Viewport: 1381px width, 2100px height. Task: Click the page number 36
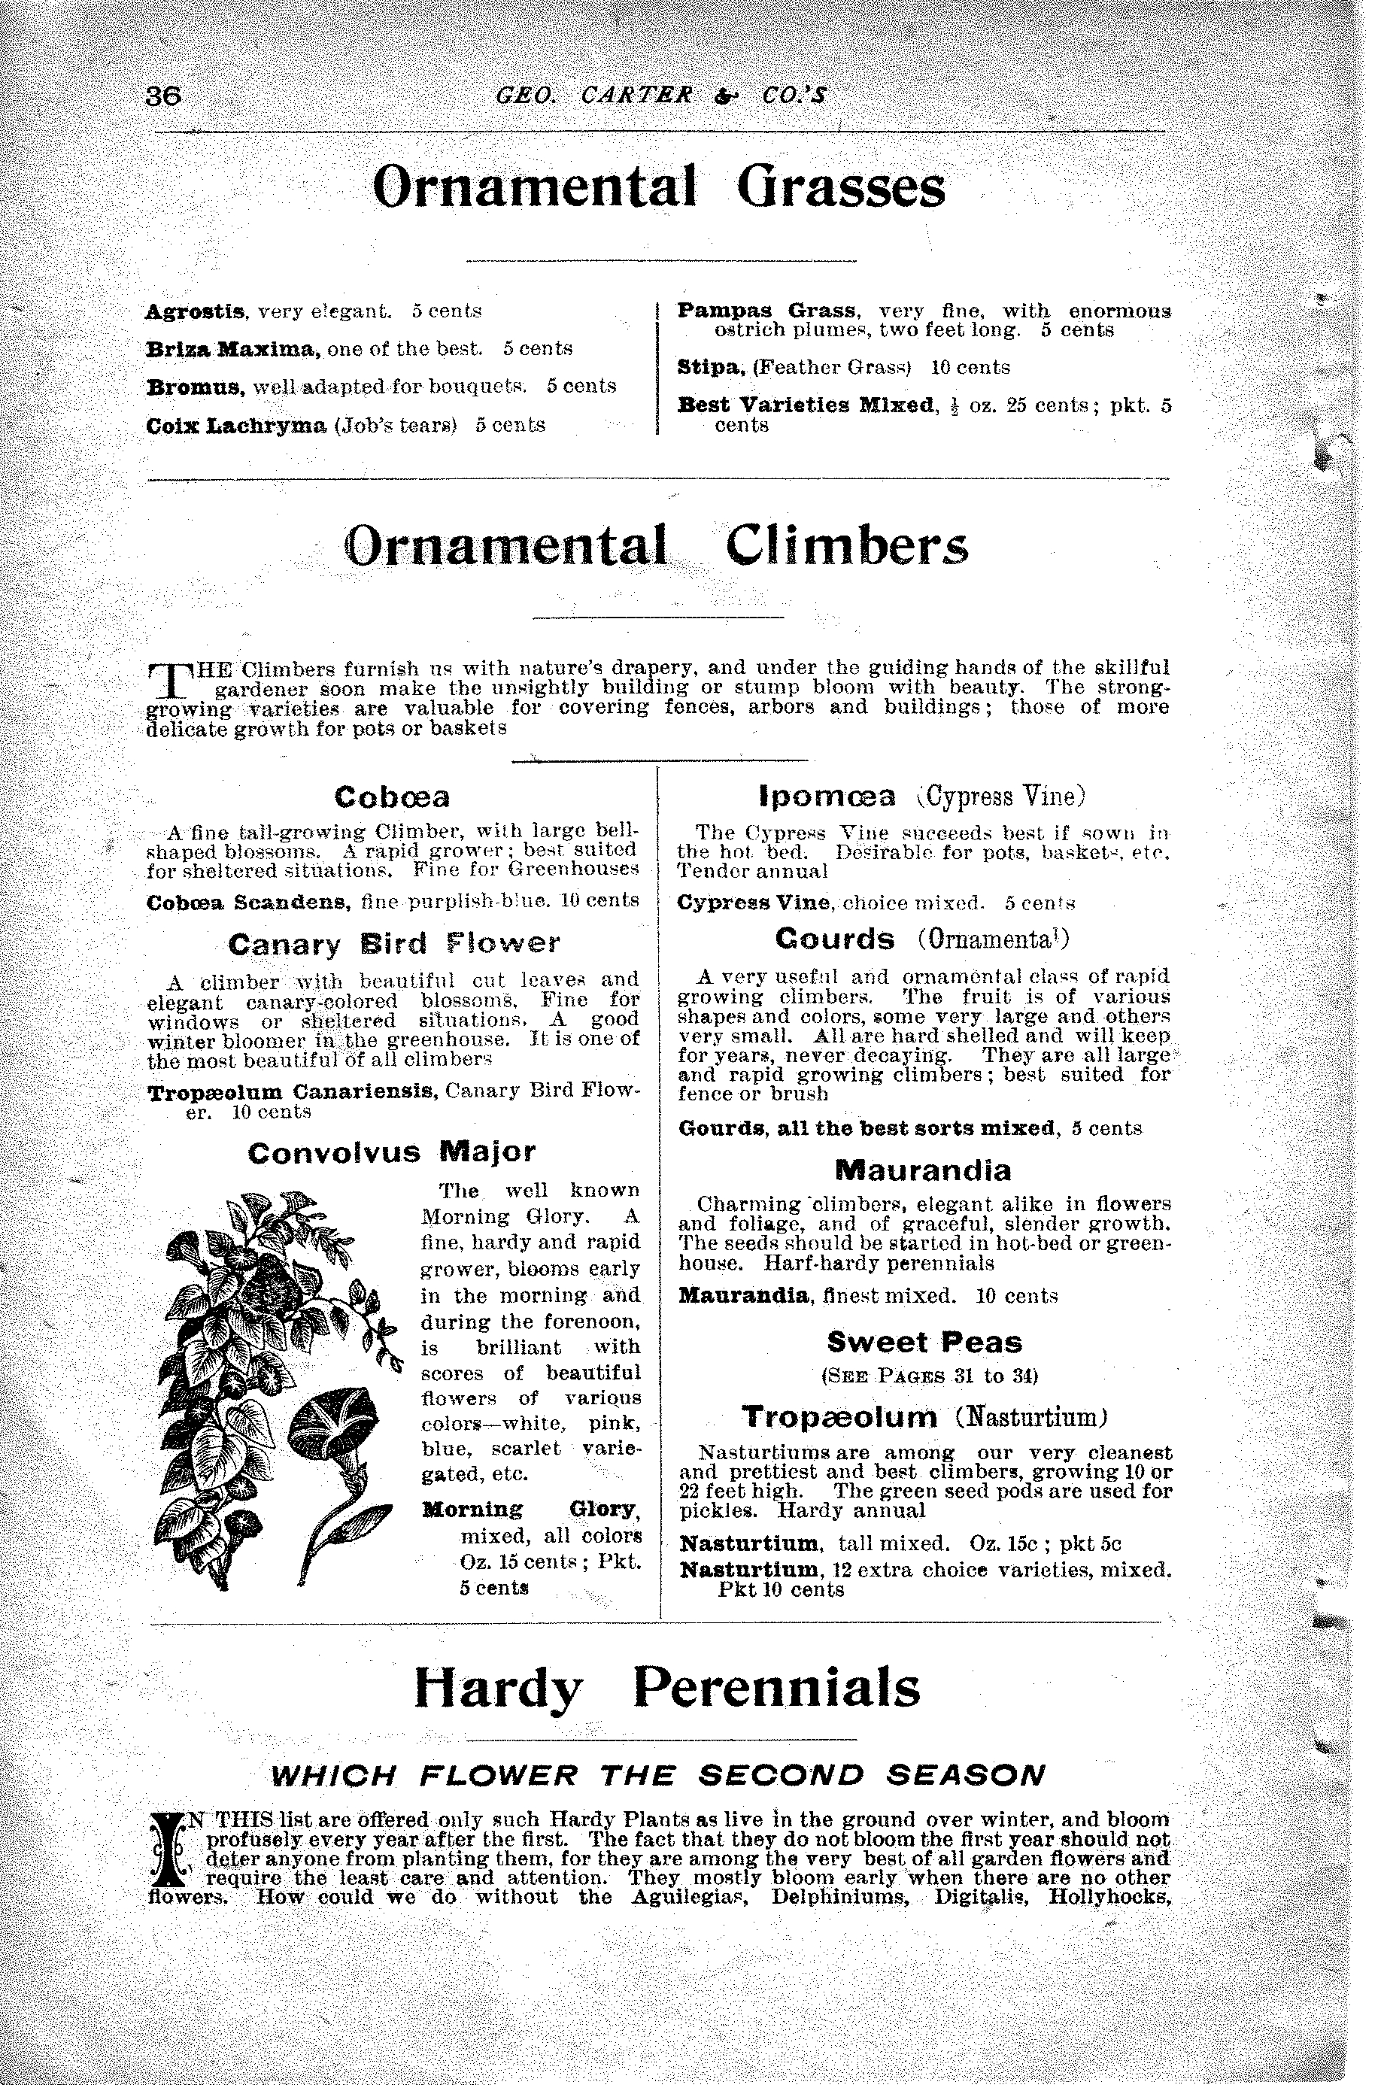(163, 96)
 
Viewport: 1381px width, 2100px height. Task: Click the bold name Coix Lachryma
(236, 424)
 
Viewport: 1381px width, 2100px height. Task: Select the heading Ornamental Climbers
(657, 546)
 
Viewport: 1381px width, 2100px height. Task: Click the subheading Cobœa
(392, 797)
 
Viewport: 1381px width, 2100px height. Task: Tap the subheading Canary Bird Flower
(393, 944)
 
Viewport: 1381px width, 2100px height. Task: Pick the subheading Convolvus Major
(392, 1152)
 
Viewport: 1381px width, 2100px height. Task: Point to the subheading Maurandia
(922, 1170)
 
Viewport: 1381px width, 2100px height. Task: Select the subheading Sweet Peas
(924, 1342)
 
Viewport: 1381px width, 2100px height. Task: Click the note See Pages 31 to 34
(928, 1375)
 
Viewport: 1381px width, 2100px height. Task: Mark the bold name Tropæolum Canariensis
(293, 1092)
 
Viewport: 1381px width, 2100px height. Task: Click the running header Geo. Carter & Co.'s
(661, 96)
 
